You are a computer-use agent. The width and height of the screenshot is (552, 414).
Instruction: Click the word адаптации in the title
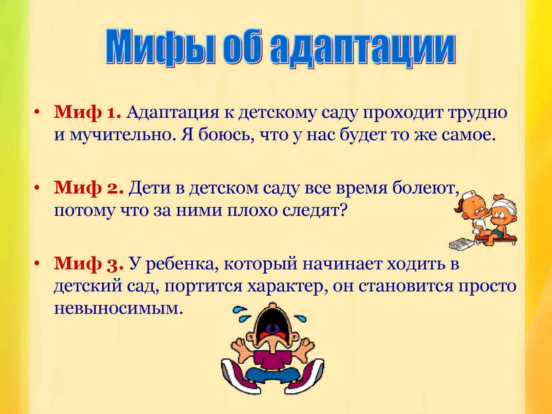[363, 49]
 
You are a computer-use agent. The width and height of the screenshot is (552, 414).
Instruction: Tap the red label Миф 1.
[88, 112]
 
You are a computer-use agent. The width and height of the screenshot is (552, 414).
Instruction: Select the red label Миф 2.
[89, 187]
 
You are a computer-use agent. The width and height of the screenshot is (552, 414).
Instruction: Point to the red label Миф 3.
[89, 263]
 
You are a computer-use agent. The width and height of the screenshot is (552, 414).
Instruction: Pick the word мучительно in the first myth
[123, 135]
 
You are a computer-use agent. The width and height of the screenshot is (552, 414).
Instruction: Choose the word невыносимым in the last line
[118, 309]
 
